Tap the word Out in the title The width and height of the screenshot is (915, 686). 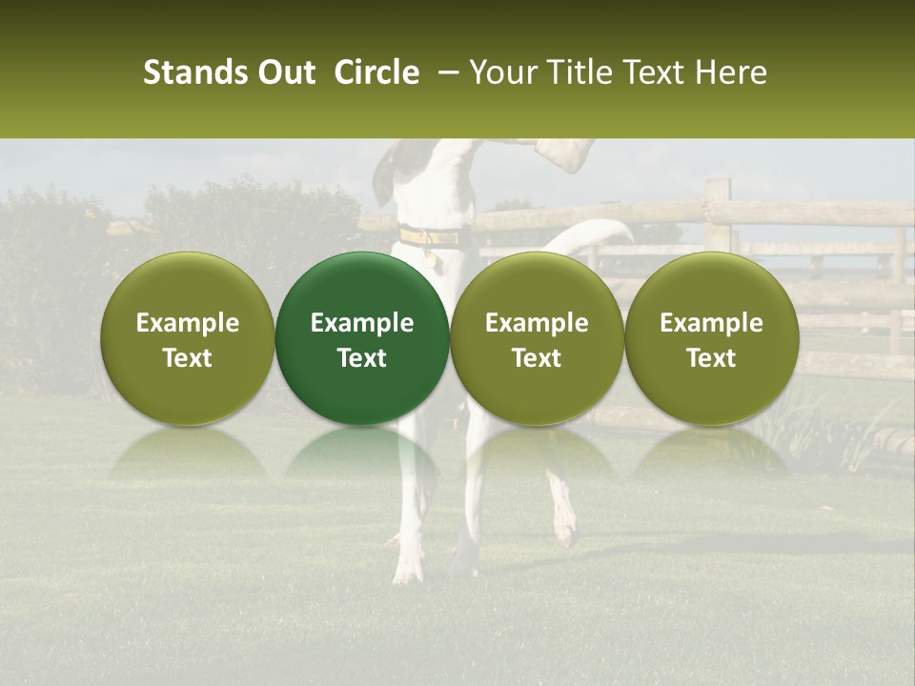pyautogui.click(x=283, y=72)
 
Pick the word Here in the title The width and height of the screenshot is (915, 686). pyautogui.click(x=733, y=72)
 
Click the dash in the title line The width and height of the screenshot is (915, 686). pyautogui.click(x=445, y=73)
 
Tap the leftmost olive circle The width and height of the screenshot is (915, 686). pyautogui.click(x=188, y=338)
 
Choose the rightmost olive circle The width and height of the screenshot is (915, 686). pyautogui.click(x=711, y=338)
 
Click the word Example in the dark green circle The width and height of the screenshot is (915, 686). pyautogui.click(x=362, y=323)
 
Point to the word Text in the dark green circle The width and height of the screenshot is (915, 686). pyautogui.click(x=362, y=358)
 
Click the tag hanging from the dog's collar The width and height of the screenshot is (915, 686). pyautogui.click(x=437, y=257)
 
